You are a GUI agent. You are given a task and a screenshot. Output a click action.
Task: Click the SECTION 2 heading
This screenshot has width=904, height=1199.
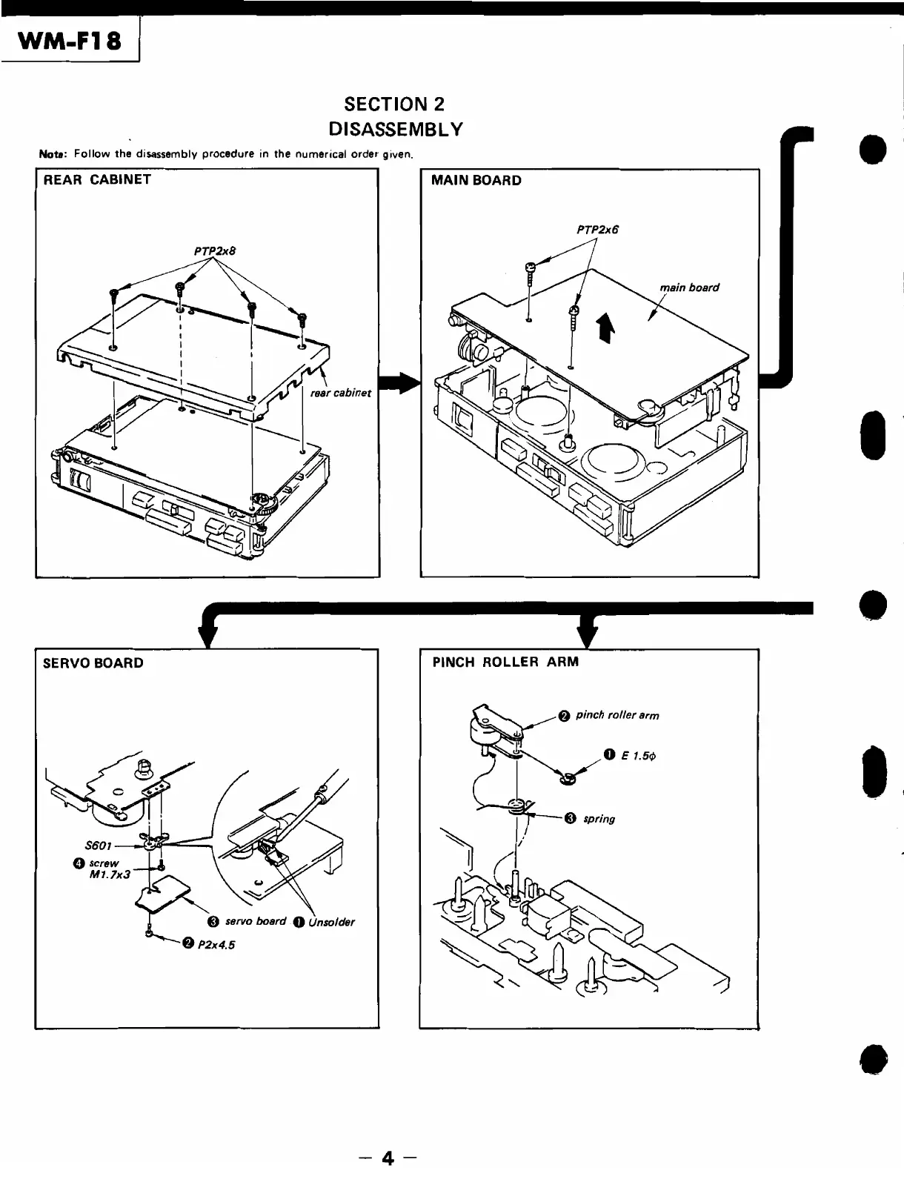[395, 104]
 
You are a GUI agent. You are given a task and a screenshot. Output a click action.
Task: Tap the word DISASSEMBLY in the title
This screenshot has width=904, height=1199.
[395, 130]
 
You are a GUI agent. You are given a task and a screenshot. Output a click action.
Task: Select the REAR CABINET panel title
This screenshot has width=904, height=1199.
[97, 180]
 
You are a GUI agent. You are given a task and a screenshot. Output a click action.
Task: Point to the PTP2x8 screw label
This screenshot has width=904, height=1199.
[214, 251]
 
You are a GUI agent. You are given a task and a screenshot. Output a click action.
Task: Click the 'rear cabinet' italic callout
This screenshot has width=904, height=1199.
[341, 393]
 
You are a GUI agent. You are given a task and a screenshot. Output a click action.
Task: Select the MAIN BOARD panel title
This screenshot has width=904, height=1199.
[476, 181]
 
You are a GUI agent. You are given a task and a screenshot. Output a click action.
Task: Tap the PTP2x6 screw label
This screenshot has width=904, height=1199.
[597, 230]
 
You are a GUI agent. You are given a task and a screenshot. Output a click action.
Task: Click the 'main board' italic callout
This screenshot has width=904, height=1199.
[689, 288]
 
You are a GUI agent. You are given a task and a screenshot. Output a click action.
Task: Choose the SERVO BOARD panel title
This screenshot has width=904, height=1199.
[93, 663]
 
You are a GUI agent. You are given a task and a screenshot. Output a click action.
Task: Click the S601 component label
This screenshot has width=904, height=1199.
[98, 844]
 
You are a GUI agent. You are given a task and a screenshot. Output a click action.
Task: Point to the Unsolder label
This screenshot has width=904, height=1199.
[332, 923]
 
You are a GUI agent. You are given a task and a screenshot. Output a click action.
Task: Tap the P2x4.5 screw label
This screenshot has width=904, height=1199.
[216, 945]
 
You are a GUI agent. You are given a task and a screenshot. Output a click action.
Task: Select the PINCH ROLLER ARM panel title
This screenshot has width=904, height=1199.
[505, 662]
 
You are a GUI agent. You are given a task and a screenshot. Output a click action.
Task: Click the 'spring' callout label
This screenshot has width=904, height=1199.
[599, 819]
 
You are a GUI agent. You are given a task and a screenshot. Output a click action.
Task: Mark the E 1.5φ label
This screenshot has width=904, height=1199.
[638, 756]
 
